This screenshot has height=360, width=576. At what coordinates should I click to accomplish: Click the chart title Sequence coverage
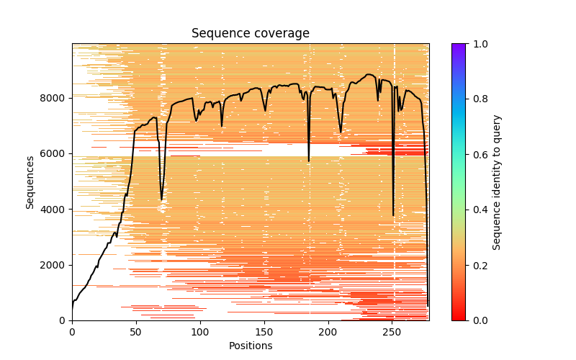tap(251, 33)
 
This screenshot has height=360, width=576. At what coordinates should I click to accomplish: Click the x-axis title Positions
tap(251, 346)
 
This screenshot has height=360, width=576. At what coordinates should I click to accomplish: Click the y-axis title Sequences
tap(30, 182)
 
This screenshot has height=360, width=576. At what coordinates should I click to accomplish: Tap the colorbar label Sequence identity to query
tap(497, 182)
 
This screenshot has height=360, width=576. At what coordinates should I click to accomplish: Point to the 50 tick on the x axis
tap(136, 321)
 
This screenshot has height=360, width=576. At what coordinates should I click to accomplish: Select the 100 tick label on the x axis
tap(200, 332)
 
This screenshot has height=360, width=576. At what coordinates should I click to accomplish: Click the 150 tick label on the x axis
tap(264, 332)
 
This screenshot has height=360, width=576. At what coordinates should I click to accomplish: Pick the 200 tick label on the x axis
tap(328, 332)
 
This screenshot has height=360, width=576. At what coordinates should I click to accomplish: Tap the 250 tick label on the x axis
tap(392, 332)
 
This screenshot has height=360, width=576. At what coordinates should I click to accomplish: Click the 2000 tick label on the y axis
tap(55, 265)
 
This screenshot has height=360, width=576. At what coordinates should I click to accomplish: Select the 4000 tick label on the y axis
tap(55, 210)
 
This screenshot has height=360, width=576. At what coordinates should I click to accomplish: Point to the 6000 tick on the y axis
tap(71, 153)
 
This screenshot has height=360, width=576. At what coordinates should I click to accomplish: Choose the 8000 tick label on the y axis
tap(55, 98)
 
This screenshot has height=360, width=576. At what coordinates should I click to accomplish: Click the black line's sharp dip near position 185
tap(309, 161)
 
